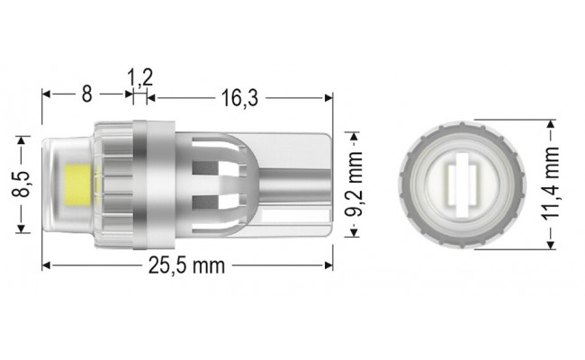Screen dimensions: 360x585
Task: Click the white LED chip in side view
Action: tap(75, 184)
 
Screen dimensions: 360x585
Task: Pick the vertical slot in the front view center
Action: tap(460, 184)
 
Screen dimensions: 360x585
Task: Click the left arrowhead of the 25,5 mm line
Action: tap(47, 265)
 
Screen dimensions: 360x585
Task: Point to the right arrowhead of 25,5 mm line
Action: tap(329, 265)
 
